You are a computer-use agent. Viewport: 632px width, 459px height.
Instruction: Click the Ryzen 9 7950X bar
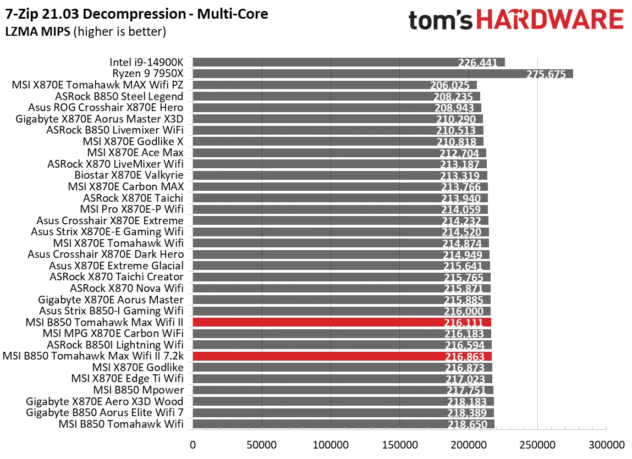coord(383,74)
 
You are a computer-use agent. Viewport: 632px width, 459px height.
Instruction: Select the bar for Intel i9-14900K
coord(349,63)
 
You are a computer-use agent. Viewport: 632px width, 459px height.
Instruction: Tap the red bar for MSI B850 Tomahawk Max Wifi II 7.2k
coord(342,356)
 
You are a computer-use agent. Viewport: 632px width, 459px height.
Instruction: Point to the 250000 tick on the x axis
coord(537,445)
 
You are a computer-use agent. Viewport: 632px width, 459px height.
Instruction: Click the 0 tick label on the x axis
coord(193,445)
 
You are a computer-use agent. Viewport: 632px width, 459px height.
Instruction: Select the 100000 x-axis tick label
coord(331,445)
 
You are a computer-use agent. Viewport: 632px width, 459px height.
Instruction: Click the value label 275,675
coord(546,74)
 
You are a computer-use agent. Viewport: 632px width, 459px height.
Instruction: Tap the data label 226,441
coord(477,63)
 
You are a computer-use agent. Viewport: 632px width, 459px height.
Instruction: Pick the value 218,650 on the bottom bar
coord(468,424)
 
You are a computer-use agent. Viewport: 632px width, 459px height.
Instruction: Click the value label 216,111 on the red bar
coord(464,322)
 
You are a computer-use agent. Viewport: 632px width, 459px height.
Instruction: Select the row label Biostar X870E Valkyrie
coord(129,175)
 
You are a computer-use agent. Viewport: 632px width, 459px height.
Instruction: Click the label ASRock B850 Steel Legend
coord(119,96)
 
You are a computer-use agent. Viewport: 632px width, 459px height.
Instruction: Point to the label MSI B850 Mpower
coord(139,390)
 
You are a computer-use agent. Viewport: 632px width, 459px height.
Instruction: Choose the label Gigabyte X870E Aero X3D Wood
coord(105,401)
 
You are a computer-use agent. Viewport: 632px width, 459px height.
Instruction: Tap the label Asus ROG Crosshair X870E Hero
coord(106,108)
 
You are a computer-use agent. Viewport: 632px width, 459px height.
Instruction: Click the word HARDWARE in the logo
coord(550,19)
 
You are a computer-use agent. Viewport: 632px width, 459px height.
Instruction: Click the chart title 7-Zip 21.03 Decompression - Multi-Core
coord(136,14)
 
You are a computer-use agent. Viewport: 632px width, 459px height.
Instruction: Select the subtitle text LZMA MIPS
coord(38,31)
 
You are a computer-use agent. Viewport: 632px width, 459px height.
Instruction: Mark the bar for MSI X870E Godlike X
coord(338,141)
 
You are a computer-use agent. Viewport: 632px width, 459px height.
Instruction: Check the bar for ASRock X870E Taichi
coord(340,198)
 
